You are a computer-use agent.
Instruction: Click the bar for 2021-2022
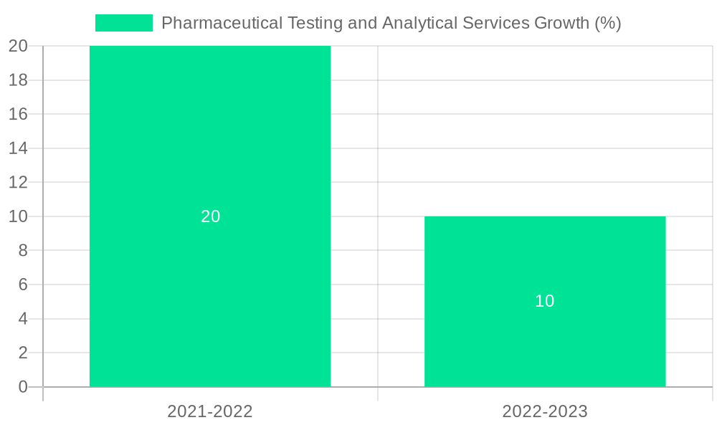pyautogui.click(x=210, y=143)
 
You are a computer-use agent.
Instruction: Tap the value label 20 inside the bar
pyautogui.click(x=210, y=216)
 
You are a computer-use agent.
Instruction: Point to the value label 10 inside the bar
pyautogui.click(x=545, y=301)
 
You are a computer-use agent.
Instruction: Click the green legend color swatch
pyautogui.click(x=124, y=23)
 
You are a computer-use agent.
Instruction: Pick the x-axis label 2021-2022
pyautogui.click(x=210, y=411)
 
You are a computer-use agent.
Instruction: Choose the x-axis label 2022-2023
pyautogui.click(x=545, y=411)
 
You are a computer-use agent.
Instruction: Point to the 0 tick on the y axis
pyautogui.click(x=23, y=387)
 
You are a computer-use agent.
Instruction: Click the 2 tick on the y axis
pyautogui.click(x=23, y=353)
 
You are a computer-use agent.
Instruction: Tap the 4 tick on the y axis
pyautogui.click(x=23, y=319)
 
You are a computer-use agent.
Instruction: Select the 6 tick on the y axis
pyautogui.click(x=23, y=285)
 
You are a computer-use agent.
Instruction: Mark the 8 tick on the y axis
pyautogui.click(x=23, y=251)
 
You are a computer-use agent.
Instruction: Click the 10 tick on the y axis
pyautogui.click(x=19, y=216)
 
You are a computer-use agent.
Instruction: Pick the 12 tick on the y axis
pyautogui.click(x=19, y=182)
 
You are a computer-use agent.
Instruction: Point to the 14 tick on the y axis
pyautogui.click(x=19, y=148)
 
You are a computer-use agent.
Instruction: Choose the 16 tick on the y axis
pyautogui.click(x=19, y=114)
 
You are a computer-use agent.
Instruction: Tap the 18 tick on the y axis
pyautogui.click(x=19, y=80)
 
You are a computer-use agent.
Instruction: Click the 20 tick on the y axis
pyautogui.click(x=19, y=46)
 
